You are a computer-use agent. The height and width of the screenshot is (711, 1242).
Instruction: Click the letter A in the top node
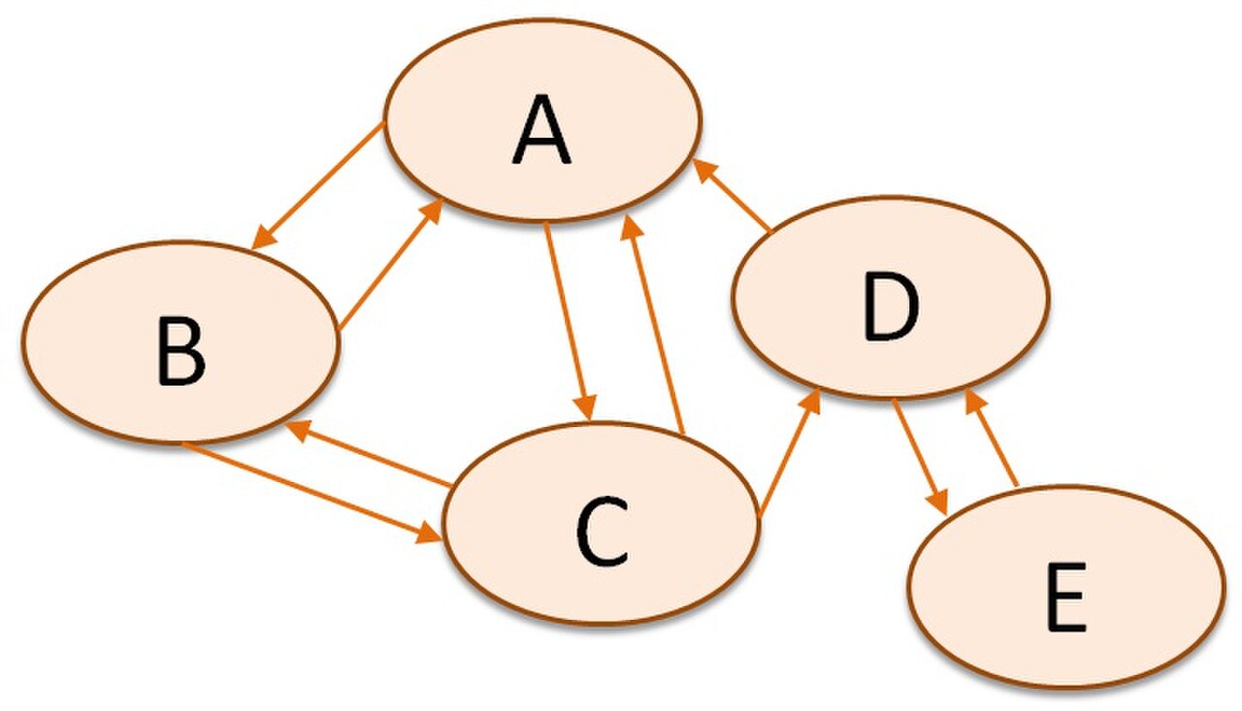pos(541,129)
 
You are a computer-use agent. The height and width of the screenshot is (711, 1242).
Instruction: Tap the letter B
pos(181,351)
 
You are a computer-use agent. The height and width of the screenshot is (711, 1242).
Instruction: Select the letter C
pos(603,531)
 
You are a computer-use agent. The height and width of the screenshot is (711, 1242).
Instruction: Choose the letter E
pos(1065,597)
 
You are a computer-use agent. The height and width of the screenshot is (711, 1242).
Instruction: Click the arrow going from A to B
pos(317,185)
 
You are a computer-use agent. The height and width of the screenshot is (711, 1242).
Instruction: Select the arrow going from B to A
pos(391,265)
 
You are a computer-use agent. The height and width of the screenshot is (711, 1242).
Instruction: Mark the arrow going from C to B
pos(368,453)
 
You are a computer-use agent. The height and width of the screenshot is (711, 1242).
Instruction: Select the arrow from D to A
pos(732,195)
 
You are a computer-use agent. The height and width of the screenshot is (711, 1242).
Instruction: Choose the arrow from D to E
pos(919,457)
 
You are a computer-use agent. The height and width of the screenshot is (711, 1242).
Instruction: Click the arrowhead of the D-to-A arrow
pos(705,171)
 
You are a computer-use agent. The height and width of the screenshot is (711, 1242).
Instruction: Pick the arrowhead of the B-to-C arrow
pos(429,533)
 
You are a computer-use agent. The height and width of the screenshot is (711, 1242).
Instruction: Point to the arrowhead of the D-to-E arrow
pos(938,502)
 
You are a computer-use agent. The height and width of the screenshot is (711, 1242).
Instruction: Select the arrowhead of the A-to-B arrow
pos(263,238)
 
